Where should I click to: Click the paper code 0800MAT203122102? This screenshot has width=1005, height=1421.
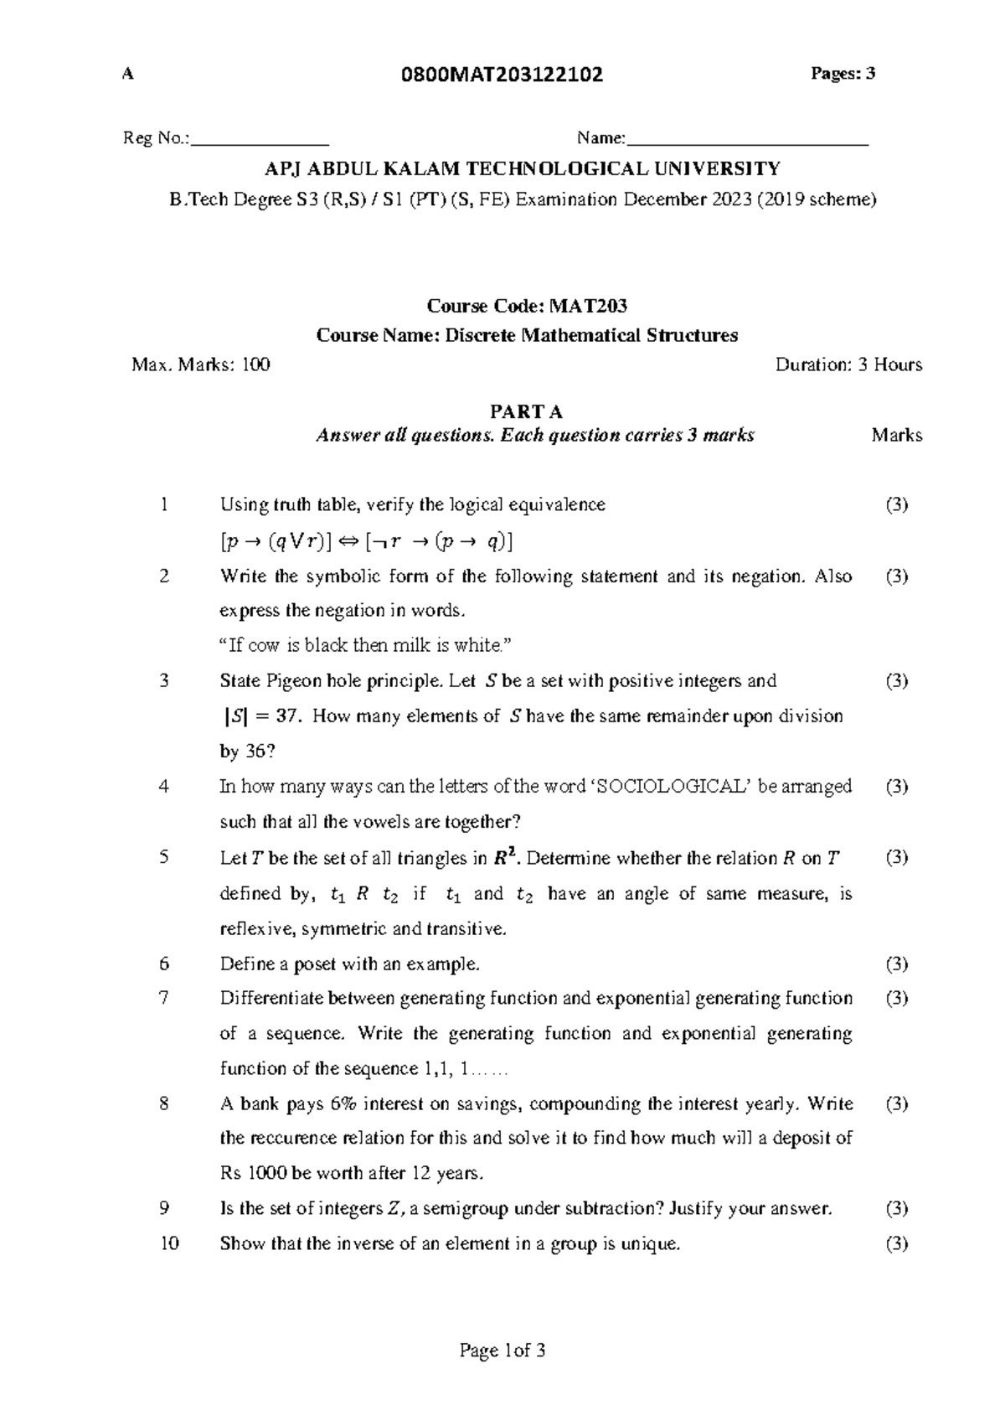(x=502, y=75)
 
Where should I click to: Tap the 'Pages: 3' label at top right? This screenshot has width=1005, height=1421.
(x=842, y=74)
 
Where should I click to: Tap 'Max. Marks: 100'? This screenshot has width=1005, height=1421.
(x=201, y=364)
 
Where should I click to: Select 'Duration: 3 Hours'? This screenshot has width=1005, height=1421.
(x=848, y=364)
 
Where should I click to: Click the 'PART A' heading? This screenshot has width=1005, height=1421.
(x=526, y=411)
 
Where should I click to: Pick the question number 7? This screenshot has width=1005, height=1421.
(x=164, y=999)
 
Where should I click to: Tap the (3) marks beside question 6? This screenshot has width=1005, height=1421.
(x=896, y=964)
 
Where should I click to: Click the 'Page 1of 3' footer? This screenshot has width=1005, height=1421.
(x=502, y=1351)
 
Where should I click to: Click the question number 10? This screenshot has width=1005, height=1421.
(x=169, y=1243)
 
